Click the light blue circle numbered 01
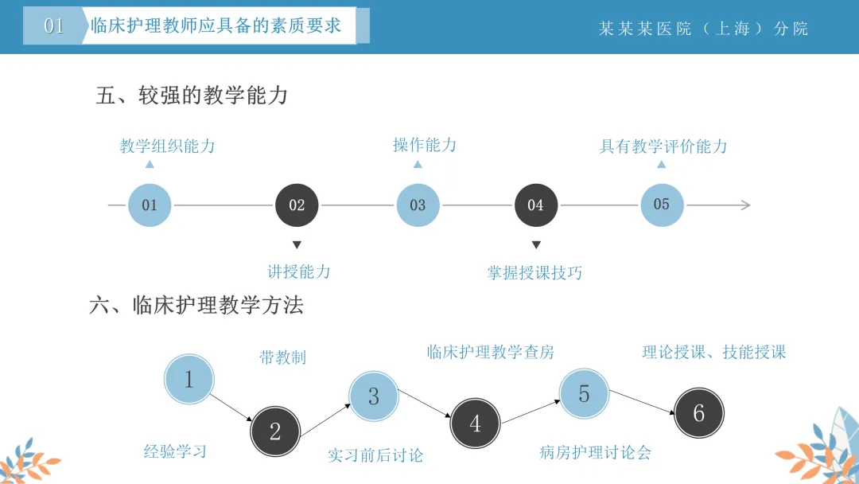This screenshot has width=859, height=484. tap(150, 205)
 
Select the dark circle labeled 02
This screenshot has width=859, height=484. tap(297, 205)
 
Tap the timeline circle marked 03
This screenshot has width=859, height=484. tap(418, 205)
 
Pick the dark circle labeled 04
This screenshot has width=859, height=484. tap(536, 205)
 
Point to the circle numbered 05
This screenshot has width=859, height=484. tap(662, 205)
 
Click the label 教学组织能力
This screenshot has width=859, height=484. tap(167, 146)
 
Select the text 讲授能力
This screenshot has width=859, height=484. tap(298, 272)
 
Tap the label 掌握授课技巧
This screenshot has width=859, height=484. tap(534, 273)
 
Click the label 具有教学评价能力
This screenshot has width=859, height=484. tap(663, 146)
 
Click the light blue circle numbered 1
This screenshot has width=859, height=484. tap(189, 379)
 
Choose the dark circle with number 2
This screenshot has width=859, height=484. tap(275, 431)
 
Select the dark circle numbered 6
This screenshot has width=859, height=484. tap(698, 412)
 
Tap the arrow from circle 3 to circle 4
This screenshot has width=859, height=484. tap(425, 404)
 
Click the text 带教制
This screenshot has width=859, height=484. tap(282, 358)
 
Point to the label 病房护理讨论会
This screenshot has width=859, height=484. tap(596, 453)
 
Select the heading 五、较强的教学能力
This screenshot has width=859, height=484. tap(192, 96)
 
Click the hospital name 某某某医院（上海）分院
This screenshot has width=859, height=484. tap(703, 29)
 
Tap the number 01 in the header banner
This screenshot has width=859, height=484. tap(54, 25)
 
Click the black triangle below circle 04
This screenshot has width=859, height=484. tap(536, 244)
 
